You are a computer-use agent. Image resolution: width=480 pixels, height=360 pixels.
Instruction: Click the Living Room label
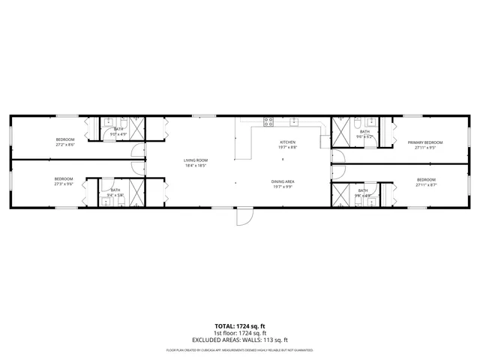[x=196, y=160]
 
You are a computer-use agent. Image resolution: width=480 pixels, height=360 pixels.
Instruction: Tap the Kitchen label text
[x=288, y=142]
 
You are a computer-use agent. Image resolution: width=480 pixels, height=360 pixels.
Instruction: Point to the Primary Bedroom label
[x=425, y=142]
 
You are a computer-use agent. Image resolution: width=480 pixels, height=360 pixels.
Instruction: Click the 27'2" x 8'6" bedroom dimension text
[x=64, y=145]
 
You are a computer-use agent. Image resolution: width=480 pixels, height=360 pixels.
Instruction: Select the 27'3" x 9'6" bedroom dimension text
[x=64, y=184]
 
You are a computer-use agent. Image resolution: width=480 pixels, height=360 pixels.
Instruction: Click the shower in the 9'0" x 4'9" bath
[x=136, y=128]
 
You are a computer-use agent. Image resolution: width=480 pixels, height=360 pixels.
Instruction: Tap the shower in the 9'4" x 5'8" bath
[x=136, y=190]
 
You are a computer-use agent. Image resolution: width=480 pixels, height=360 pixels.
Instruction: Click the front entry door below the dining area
[x=243, y=216]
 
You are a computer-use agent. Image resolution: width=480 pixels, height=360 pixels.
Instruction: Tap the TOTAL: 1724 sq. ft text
[x=240, y=326]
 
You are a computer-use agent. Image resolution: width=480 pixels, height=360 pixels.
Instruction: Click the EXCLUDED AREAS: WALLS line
[x=240, y=338]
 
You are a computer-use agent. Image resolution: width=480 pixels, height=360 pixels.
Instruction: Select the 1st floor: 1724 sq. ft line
[x=240, y=332]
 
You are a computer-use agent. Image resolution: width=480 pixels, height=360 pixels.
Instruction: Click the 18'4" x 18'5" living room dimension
[x=196, y=166]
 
